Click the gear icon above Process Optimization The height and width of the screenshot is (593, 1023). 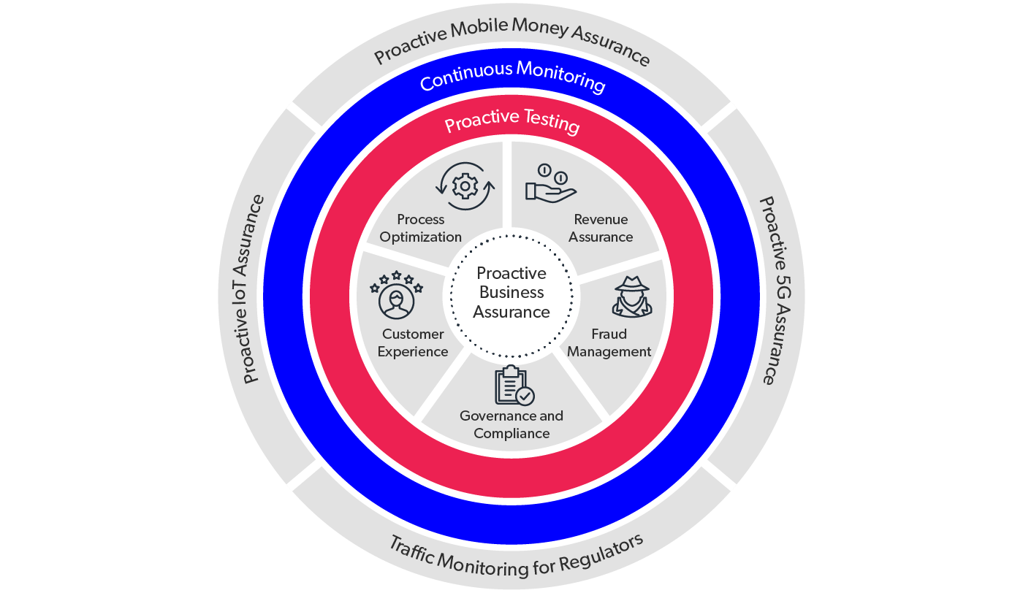pos(465,187)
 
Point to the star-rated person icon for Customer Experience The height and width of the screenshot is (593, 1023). pos(396,295)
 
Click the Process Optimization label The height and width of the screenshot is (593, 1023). pos(421,228)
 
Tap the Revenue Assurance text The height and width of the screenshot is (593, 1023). pos(601,228)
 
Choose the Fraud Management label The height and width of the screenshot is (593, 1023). pos(609,343)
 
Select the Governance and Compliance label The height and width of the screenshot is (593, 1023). pos(512,424)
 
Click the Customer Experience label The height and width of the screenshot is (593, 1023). pos(413,343)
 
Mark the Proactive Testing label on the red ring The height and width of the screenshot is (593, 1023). pos(512,120)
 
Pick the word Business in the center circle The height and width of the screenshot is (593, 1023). pos(511,293)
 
